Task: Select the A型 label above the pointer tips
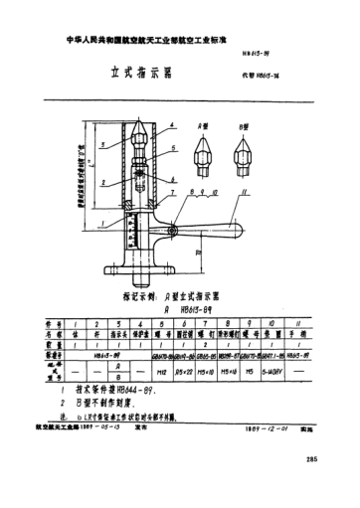206,124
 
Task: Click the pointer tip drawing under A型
204,150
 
